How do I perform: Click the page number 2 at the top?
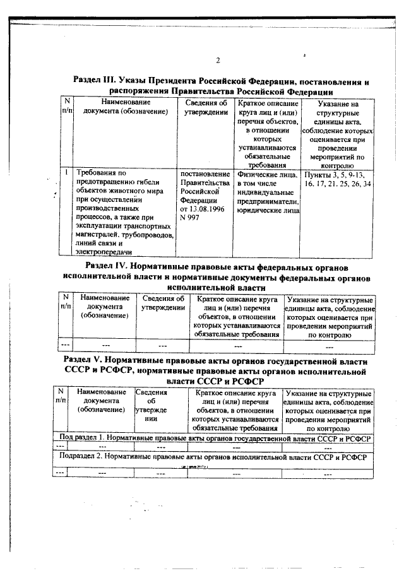tap(217, 61)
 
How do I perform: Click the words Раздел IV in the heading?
tap(109, 266)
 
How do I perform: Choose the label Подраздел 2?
tap(81, 455)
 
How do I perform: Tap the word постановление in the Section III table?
tap(204, 174)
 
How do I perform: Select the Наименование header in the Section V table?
tap(101, 392)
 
